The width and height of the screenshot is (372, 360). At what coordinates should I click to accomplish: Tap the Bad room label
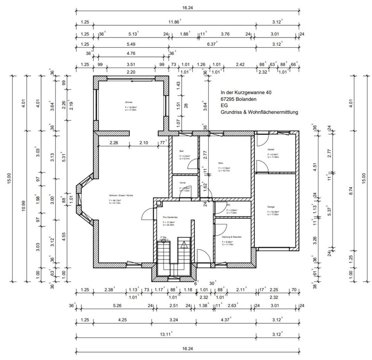point(181,151)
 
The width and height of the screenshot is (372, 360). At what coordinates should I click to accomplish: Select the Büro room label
point(220,163)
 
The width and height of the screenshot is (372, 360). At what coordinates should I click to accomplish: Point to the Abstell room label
point(270,150)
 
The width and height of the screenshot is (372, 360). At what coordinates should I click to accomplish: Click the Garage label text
point(271,207)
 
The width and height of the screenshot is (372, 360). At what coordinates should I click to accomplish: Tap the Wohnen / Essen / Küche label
point(121,196)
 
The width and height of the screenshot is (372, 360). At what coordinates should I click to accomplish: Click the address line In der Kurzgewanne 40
point(246,93)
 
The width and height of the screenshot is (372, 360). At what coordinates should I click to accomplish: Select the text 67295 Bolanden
point(238,99)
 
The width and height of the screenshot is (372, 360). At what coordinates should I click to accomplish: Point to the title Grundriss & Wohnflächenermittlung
point(259,112)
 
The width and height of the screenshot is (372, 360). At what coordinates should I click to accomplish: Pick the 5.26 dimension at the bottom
point(117,305)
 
